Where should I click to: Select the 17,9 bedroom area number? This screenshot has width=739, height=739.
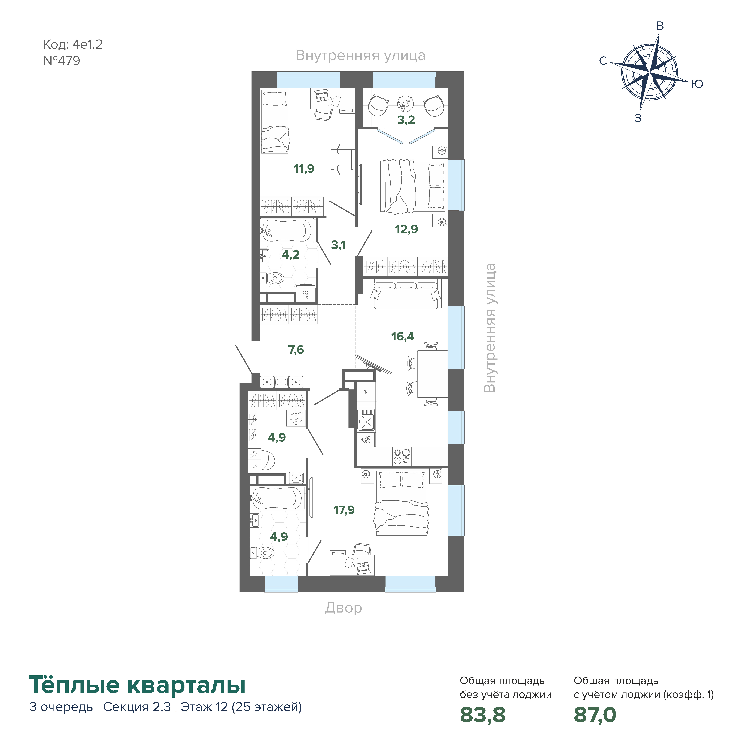(344, 510)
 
